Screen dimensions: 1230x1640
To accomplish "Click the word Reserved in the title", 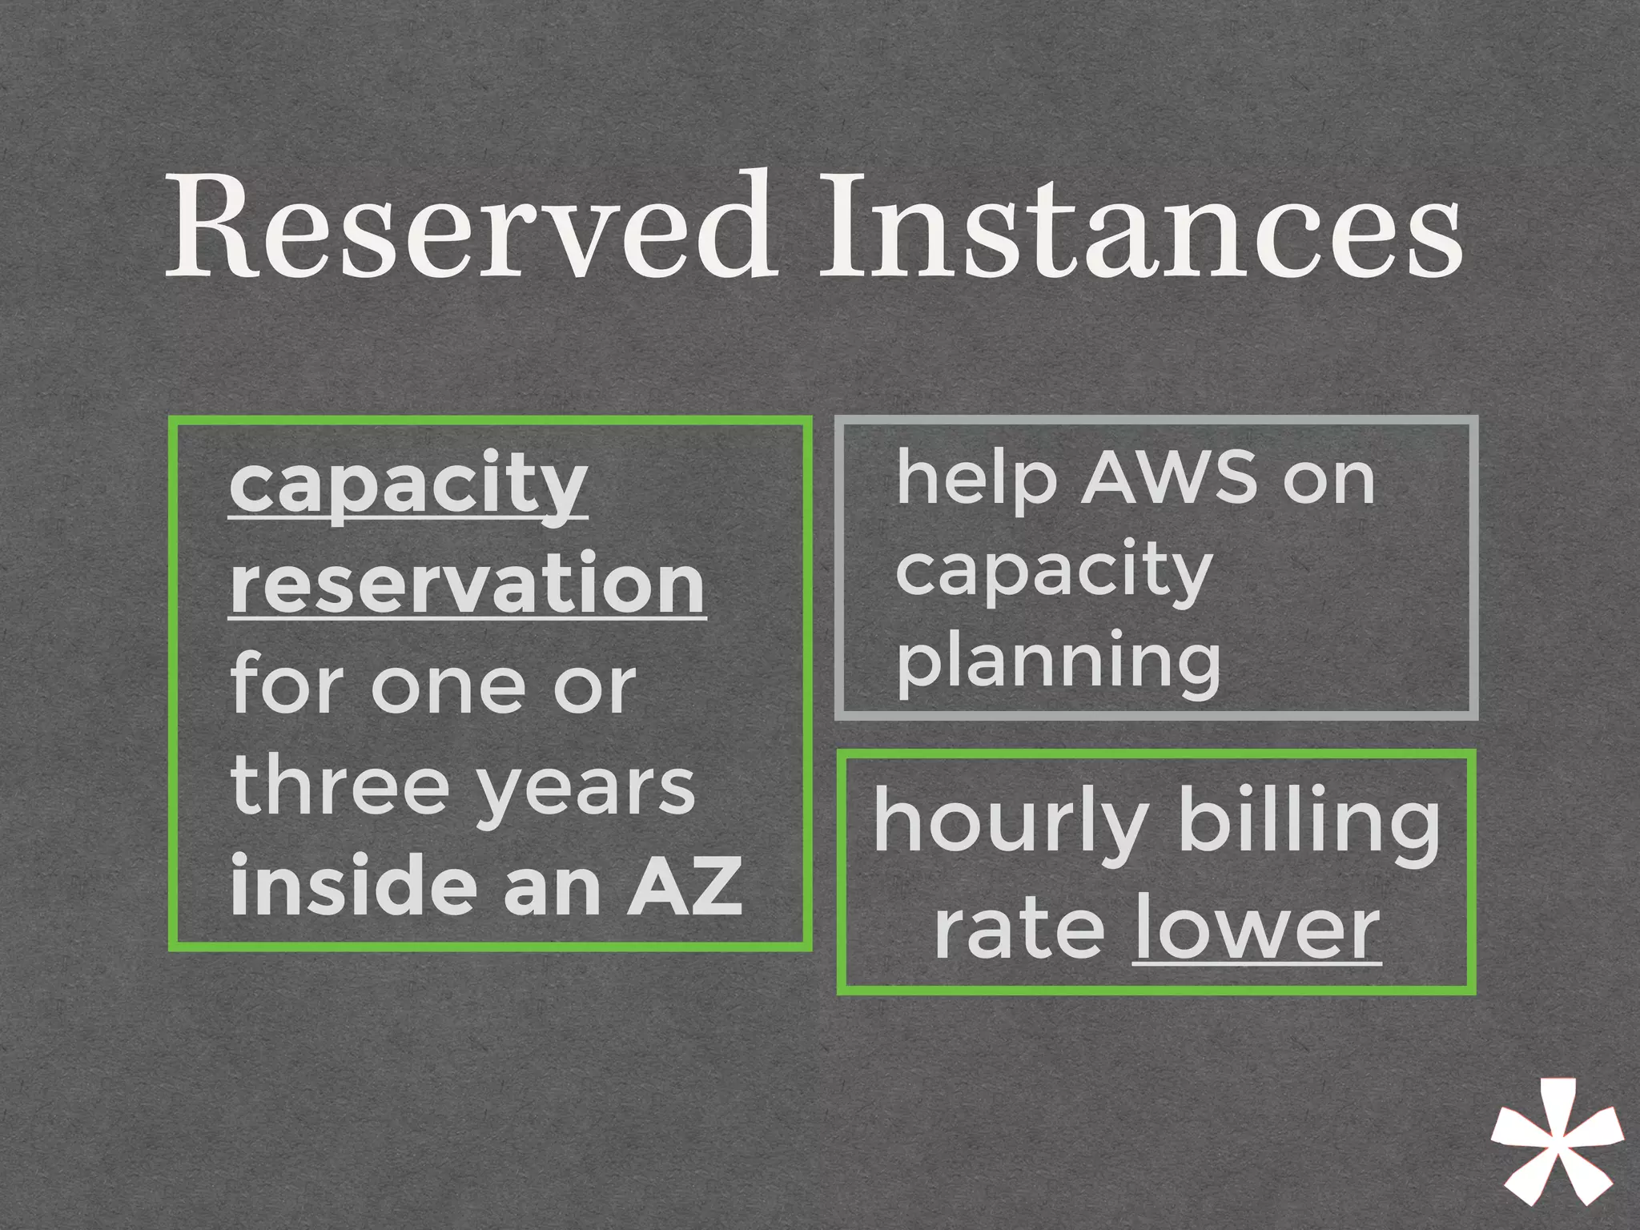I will click(x=468, y=228).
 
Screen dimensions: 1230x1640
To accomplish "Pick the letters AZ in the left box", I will click(x=684, y=887).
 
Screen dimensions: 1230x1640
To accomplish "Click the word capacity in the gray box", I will click(x=1054, y=573).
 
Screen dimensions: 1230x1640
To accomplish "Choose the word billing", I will click(x=1308, y=825).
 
